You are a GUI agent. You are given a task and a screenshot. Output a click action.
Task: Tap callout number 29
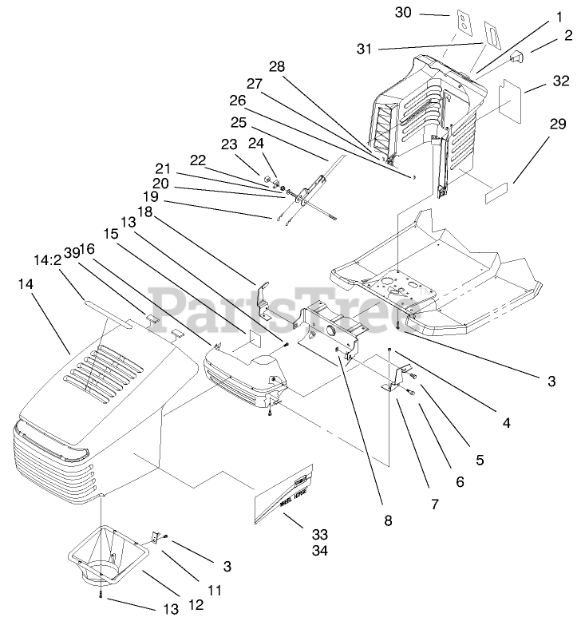556,125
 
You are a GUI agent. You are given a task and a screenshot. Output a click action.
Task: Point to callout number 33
296,534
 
